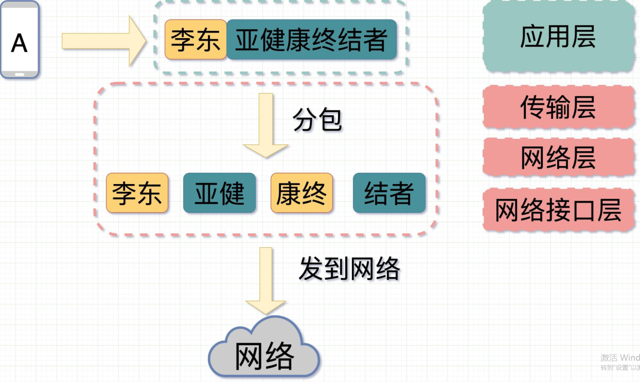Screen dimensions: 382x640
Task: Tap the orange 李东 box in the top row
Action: pyautogui.click(x=195, y=40)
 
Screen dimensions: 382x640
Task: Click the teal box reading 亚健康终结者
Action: pyautogui.click(x=311, y=40)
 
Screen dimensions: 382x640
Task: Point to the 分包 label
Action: pyautogui.click(x=317, y=120)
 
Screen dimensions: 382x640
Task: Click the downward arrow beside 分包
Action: pyautogui.click(x=266, y=126)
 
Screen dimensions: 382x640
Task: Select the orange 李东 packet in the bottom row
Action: pyautogui.click(x=137, y=193)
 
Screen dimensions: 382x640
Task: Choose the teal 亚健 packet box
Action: pyautogui.click(x=219, y=193)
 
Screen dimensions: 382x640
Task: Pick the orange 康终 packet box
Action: pyautogui.click(x=301, y=193)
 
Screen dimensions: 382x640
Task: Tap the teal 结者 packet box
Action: pyautogui.click(x=389, y=193)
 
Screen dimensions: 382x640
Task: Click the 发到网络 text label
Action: pyautogui.click(x=350, y=269)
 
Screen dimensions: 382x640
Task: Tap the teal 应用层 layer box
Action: pyautogui.click(x=558, y=37)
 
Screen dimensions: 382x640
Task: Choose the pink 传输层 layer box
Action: pyautogui.click(x=558, y=107)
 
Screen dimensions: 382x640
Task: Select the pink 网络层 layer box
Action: pyautogui.click(x=558, y=158)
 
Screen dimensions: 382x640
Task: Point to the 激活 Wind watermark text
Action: pyautogui.click(x=620, y=358)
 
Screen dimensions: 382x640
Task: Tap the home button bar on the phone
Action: pyautogui.click(x=20, y=74)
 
